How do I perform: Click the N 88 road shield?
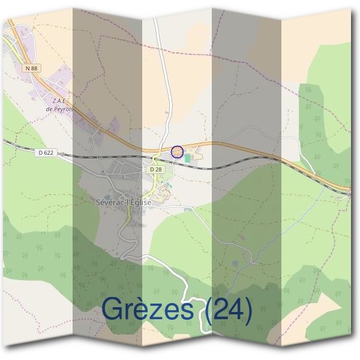32,69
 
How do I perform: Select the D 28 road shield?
156,170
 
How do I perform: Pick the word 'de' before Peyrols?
50,109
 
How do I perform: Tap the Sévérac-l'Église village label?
124,202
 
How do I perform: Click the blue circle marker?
176,152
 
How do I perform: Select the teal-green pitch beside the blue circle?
188,158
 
